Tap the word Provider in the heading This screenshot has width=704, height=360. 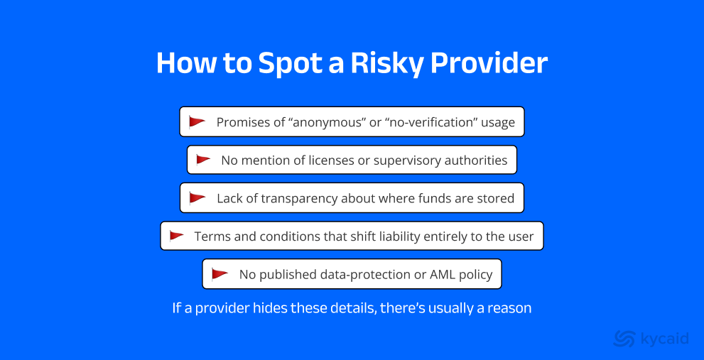tap(489, 62)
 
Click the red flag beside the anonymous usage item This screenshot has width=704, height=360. tap(197, 122)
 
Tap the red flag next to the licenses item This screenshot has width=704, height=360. tap(204, 160)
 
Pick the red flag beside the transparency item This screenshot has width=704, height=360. tap(197, 198)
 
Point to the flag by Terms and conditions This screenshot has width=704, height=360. tap(177, 236)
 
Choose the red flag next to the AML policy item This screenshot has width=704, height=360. tap(220, 274)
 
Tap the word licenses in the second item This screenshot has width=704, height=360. tap(331, 160)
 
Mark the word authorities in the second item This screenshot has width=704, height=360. tap(475, 160)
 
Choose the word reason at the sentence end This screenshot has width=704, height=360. tap(511, 309)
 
